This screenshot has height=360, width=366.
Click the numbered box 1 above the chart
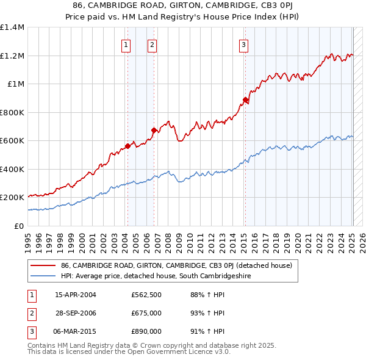pos(126,44)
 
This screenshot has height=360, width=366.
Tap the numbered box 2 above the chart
pos(152,44)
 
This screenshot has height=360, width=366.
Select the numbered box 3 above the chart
pos(243,44)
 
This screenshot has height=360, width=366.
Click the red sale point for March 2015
pos(245,99)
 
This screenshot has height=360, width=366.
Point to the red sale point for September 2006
pos(154,130)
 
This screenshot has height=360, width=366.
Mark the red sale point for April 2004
pos(127,146)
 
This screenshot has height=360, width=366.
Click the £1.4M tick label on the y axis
pos(12,27)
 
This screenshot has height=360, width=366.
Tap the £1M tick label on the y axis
pos(16,84)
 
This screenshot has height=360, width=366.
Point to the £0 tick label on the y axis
pos(20,226)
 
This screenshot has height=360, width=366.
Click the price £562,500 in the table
pos(146,295)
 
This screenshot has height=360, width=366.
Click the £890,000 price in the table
pos(146,332)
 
